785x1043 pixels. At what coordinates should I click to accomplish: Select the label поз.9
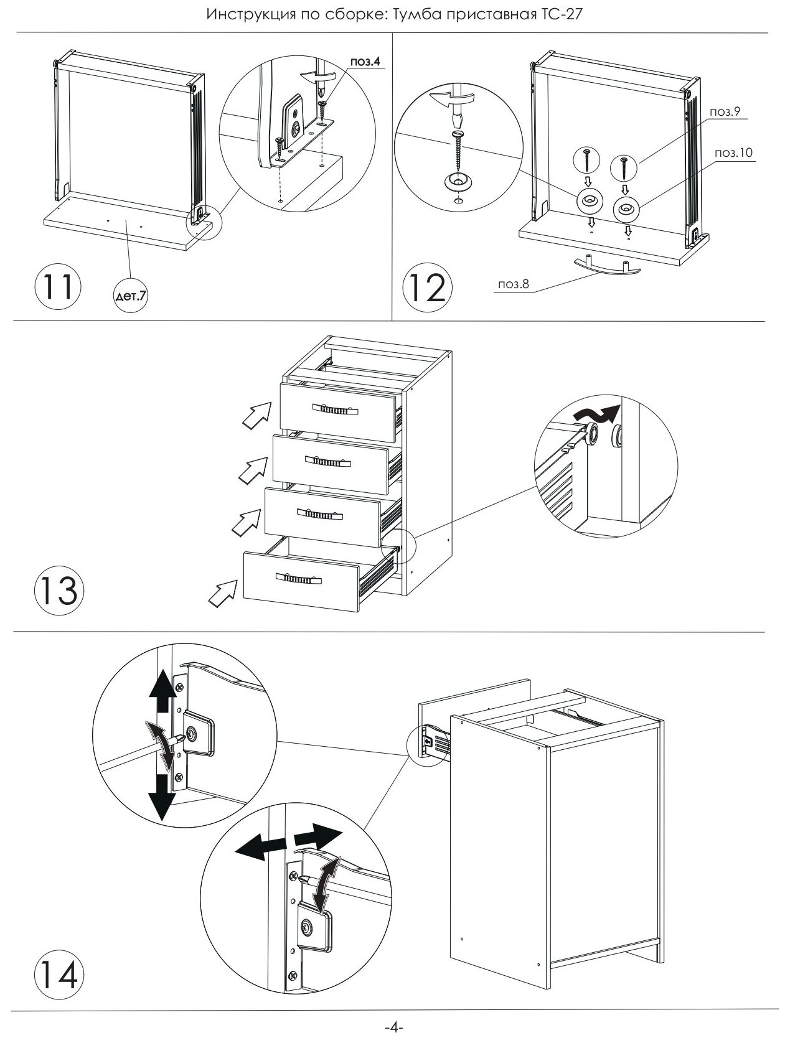point(723,111)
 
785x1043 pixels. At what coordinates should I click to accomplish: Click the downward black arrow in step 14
point(162,797)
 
